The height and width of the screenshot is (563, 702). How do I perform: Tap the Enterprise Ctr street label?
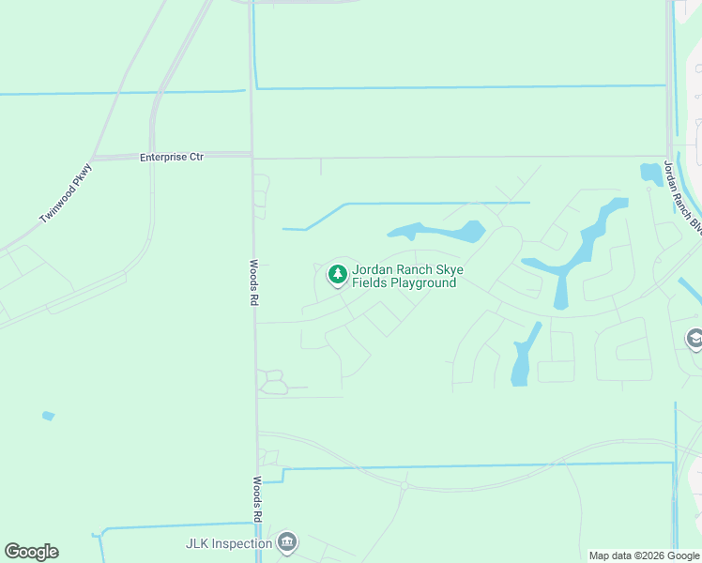tap(172, 158)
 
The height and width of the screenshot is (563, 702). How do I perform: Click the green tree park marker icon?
tap(337, 275)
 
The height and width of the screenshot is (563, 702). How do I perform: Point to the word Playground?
tap(423, 282)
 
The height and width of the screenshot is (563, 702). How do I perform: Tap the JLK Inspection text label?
tap(227, 543)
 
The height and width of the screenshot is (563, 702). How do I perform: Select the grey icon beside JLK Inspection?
tap(288, 542)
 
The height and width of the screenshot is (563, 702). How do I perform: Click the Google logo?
tap(32, 552)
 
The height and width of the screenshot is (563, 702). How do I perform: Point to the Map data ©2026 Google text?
tap(644, 555)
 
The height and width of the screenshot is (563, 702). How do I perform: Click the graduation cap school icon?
tap(694, 339)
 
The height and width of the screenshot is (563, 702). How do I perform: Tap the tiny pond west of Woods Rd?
tap(48, 416)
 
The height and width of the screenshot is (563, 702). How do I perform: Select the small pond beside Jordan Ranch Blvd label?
tap(650, 173)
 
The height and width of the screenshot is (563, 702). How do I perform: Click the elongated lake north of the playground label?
tap(437, 231)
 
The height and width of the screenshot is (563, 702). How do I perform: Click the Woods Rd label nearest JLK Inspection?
tap(256, 500)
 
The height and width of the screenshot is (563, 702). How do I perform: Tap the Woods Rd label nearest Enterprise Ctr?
tap(253, 282)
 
